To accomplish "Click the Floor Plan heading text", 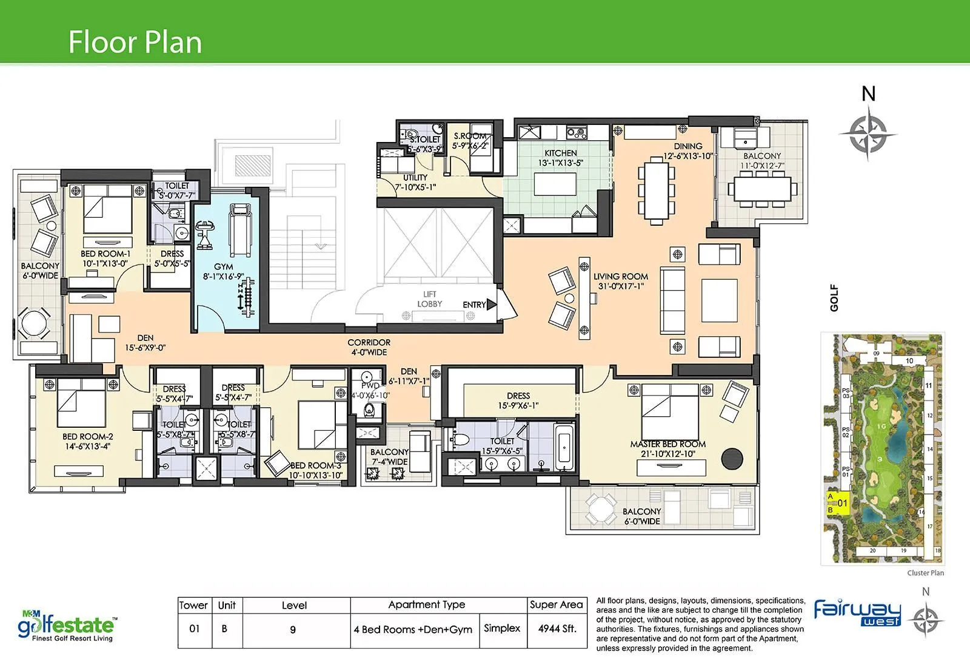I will (135, 42).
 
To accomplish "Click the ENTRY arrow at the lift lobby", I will (491, 305).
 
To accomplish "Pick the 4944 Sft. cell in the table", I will (557, 629).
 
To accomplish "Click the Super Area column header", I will (556, 604).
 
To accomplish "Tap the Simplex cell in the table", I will (502, 628).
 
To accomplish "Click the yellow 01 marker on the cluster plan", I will (839, 503).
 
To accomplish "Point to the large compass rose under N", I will (868, 133).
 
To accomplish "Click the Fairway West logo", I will (857, 612).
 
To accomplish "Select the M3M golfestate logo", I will (67, 627).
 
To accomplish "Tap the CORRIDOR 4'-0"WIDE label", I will (369, 347).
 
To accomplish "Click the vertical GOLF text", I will (834, 298).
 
